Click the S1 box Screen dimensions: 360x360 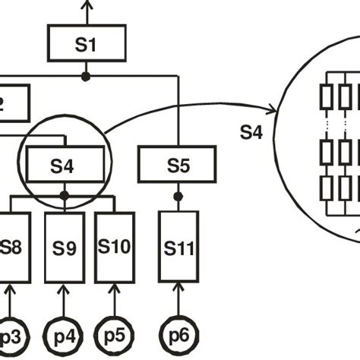tap(86, 43)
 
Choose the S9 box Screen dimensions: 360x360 tap(65, 246)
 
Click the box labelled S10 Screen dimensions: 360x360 tap(115, 246)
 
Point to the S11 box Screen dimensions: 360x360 tap(178, 246)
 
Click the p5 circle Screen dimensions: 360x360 tap(115, 335)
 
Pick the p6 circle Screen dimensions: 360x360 tap(178, 335)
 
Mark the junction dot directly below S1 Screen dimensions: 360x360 tap(86, 76)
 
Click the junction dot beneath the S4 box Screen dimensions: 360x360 tap(65, 196)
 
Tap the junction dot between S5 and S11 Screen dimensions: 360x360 tap(178, 196)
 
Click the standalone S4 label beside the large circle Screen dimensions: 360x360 tap(251, 131)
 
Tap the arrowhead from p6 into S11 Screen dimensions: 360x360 tap(178, 286)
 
